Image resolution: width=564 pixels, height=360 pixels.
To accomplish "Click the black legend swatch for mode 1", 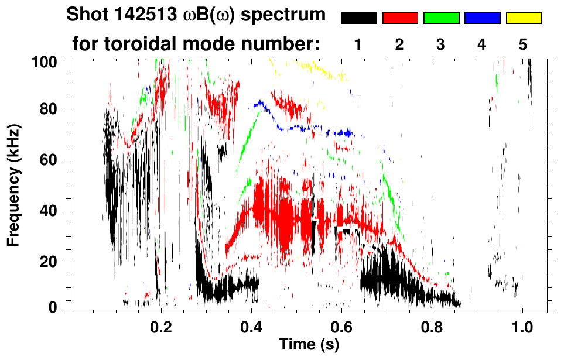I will tap(358, 18).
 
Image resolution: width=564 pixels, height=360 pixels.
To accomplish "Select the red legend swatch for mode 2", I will tap(400, 18).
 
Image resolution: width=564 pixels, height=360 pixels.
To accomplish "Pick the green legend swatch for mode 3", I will tap(441, 18).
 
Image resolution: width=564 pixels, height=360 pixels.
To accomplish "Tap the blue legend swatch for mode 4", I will tap(482, 18).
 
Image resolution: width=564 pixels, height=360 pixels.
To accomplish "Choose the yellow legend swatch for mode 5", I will tap(524, 18).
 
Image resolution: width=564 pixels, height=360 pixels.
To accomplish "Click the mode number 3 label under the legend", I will tap(440, 44).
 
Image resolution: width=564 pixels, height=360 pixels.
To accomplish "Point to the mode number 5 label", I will tap(523, 44).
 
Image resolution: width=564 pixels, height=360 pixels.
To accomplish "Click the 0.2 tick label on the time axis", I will tap(161, 326).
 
